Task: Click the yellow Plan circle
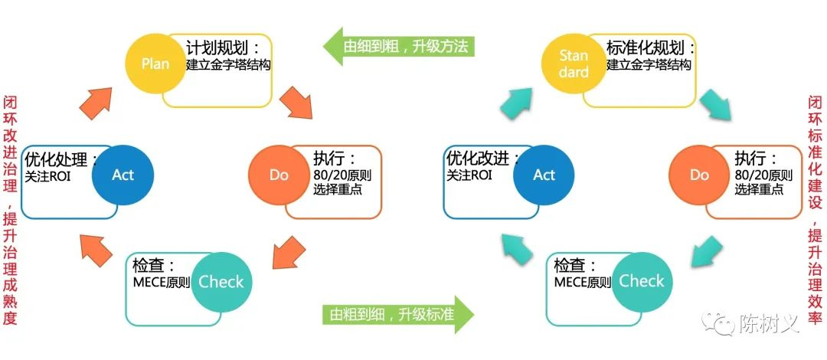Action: coord(155,64)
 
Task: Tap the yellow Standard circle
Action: coord(574,64)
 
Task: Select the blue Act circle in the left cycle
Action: coord(123,175)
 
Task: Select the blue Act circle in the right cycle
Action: coord(544,175)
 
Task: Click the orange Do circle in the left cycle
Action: coord(279,175)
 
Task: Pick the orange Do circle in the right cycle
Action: coord(700,175)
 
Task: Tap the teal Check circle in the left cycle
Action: coord(221,281)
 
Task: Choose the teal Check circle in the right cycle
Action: coord(642,281)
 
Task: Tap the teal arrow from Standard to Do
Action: coord(718,105)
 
